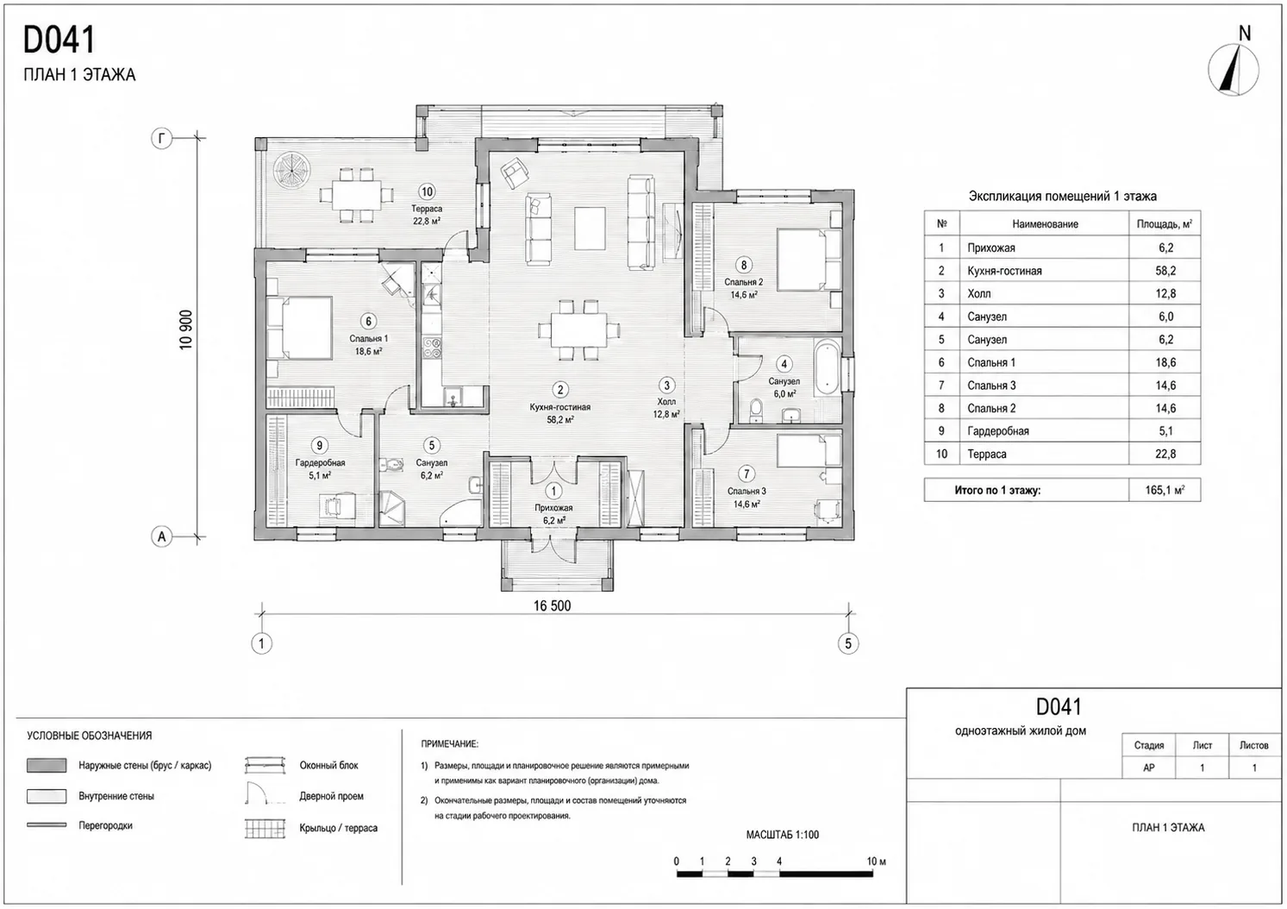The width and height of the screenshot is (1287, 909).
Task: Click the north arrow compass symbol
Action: [1233, 70]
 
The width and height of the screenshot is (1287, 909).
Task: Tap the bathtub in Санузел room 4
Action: [826, 367]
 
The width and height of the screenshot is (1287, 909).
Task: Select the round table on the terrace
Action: [291, 171]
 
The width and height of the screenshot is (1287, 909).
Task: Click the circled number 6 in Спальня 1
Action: [368, 322]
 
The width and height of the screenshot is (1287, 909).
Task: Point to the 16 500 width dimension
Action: [553, 605]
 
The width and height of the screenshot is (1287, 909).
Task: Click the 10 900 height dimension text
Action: [186, 329]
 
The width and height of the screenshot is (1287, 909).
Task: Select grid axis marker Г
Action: [161, 138]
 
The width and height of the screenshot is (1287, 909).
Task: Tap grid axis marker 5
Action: [848, 643]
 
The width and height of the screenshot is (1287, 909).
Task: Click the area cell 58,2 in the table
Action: [1165, 271]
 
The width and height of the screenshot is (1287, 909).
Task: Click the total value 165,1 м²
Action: [1165, 491]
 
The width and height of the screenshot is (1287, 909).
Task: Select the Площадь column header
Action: [1165, 223]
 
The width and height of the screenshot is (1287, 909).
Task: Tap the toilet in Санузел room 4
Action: [756, 411]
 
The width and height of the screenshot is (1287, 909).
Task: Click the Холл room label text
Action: [666, 402]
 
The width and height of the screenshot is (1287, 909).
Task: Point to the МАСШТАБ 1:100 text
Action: [783, 835]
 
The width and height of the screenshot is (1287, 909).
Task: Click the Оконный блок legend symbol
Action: [265, 765]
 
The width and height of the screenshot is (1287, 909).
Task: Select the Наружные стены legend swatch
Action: [47, 765]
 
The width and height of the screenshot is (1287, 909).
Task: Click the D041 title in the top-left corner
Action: [59, 40]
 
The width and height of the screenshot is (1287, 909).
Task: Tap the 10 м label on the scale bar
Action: [876, 862]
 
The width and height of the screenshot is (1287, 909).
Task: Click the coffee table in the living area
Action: [590, 229]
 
